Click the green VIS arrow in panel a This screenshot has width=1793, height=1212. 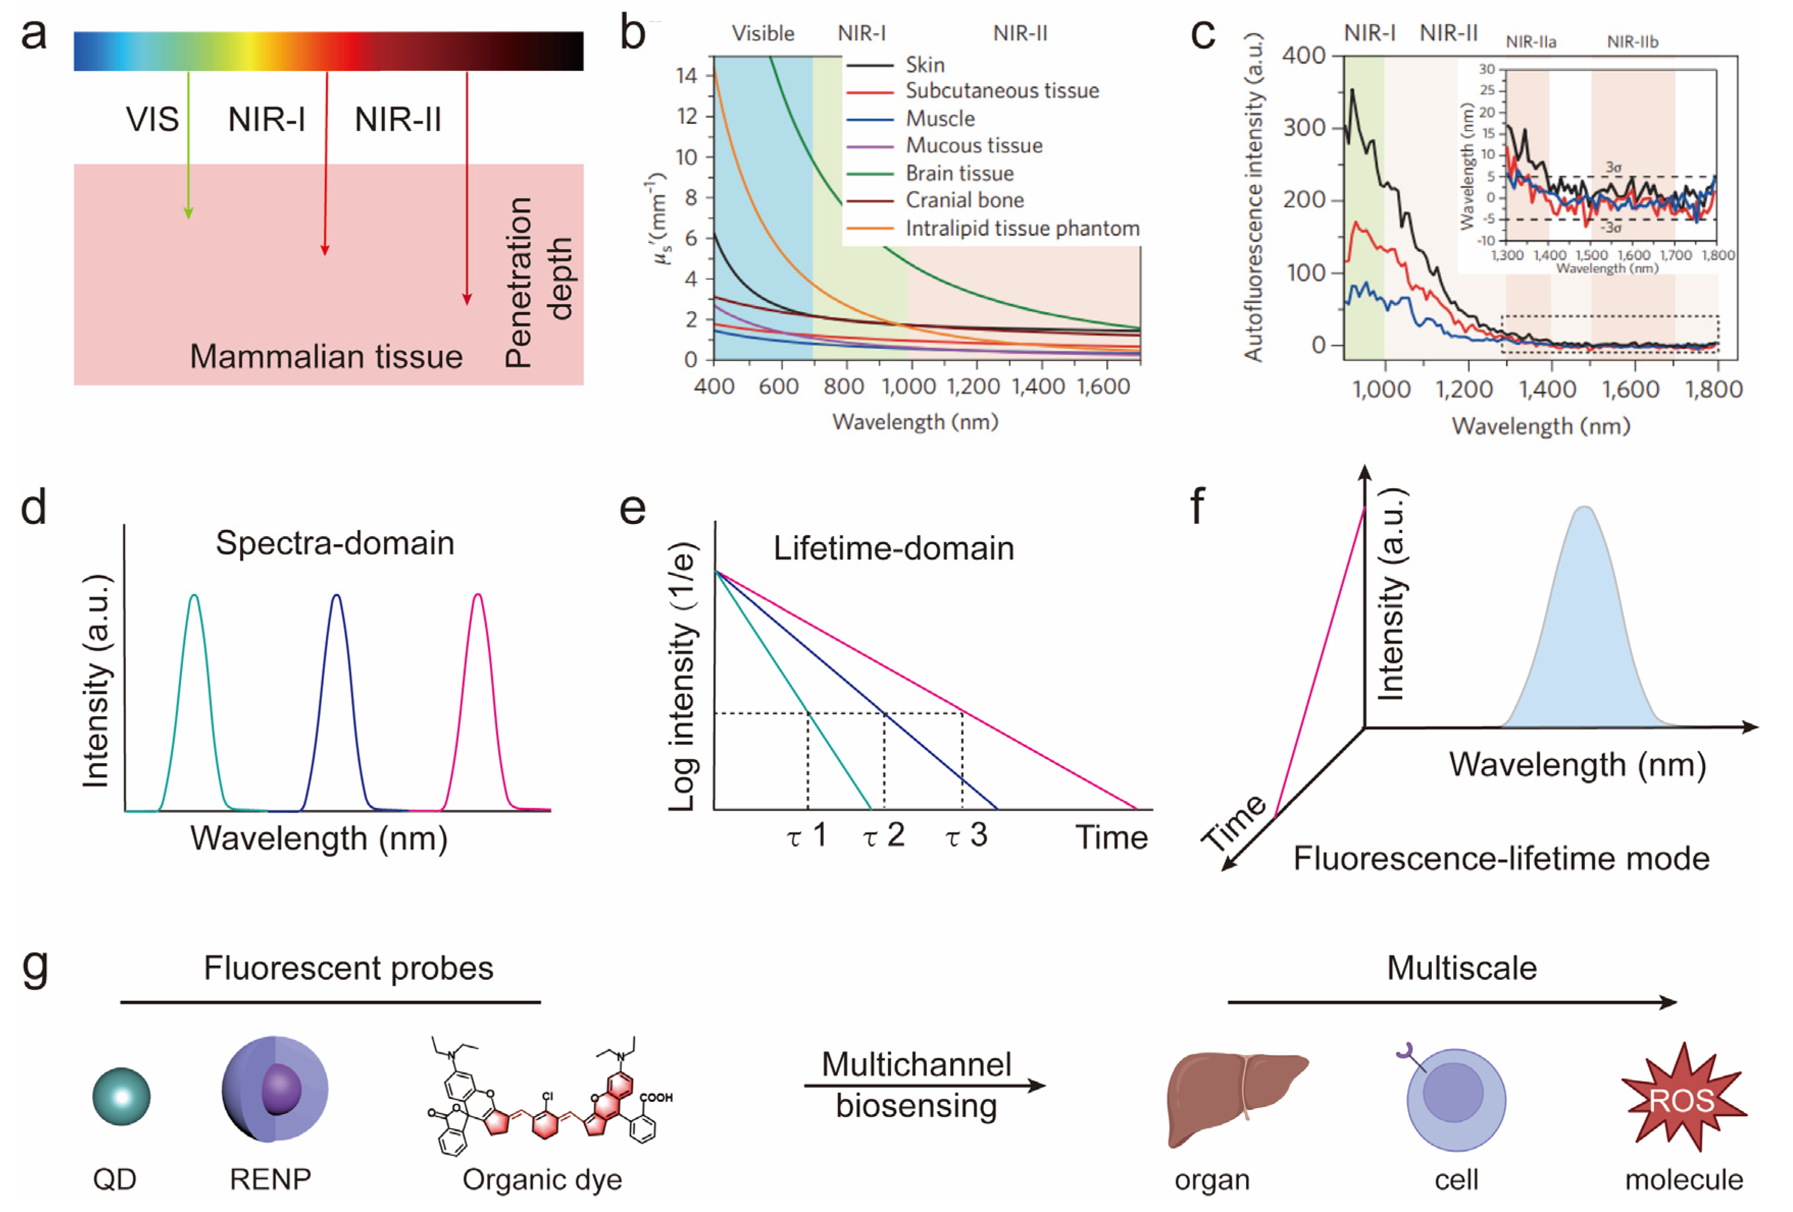pos(188,146)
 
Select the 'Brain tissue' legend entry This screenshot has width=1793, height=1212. pos(959,173)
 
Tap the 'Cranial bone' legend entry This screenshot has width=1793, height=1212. pos(965,200)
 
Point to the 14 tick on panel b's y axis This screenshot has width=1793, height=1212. pos(687,75)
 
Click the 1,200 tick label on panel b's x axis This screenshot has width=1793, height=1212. pos(974,386)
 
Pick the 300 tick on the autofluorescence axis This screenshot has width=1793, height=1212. pos(1304,128)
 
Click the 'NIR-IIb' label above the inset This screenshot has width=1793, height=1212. pos(1632,42)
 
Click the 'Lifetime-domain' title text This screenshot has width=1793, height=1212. pos(893,548)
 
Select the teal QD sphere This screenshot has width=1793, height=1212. pos(121,1096)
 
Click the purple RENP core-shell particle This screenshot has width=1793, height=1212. pos(275,1090)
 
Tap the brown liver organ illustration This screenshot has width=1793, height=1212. pos(1234,1096)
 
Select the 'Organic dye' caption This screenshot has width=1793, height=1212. pos(542,1179)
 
